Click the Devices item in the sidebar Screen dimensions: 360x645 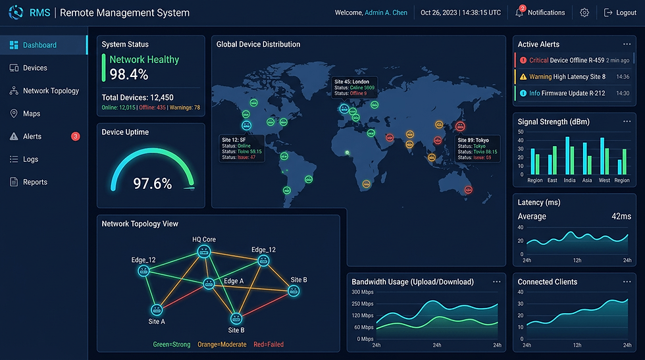(36, 68)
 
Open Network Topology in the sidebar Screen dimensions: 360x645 (51, 91)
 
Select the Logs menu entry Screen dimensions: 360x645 (30, 159)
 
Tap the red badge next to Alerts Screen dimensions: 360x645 (75, 136)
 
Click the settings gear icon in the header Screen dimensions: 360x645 (584, 13)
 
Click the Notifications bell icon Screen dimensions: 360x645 (519, 13)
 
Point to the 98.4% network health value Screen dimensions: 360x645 (129, 74)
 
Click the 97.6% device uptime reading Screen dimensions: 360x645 (152, 183)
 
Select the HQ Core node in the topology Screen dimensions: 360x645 (204, 251)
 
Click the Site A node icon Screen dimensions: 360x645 (157, 309)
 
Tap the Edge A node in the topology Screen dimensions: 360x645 (209, 283)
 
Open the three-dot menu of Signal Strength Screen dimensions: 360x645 (626, 122)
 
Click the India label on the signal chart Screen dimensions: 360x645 (569, 180)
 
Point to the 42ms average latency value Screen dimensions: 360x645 (621, 216)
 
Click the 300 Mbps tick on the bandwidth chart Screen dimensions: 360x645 (362, 292)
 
